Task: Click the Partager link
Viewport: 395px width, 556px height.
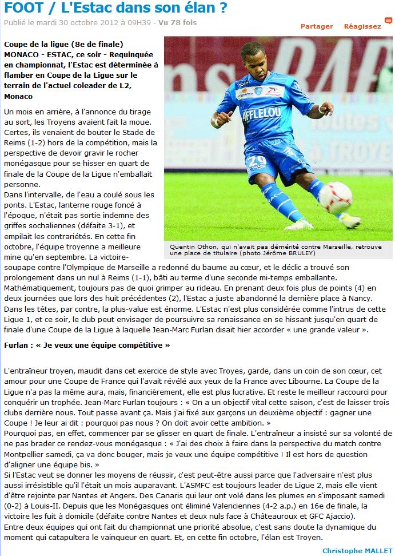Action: [x=317, y=26]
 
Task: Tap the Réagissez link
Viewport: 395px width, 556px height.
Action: [x=362, y=26]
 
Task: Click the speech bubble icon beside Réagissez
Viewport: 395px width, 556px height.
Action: [x=388, y=21]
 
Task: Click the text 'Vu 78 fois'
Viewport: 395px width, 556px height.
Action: [x=177, y=23]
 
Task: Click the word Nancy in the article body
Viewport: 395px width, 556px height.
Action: [x=360, y=298]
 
